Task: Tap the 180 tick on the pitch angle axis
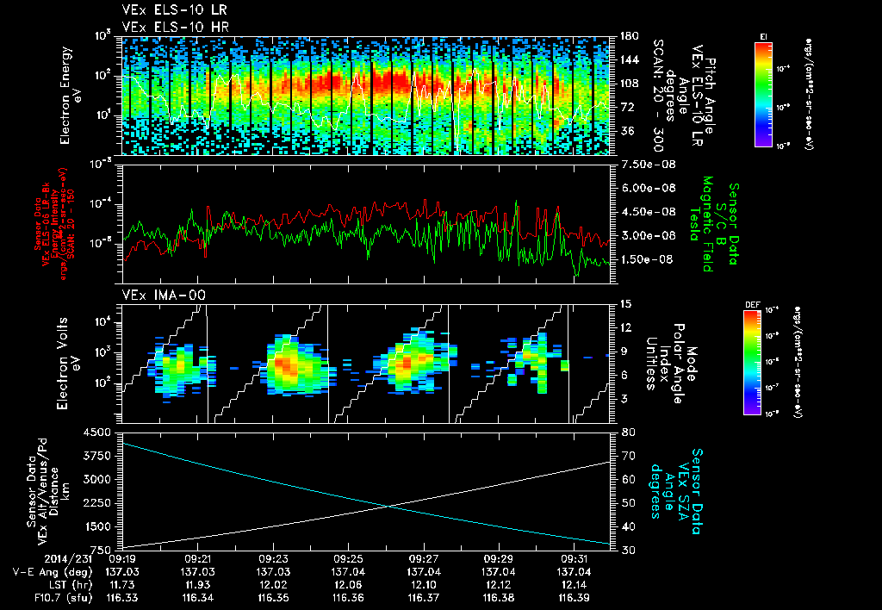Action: click(x=628, y=36)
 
